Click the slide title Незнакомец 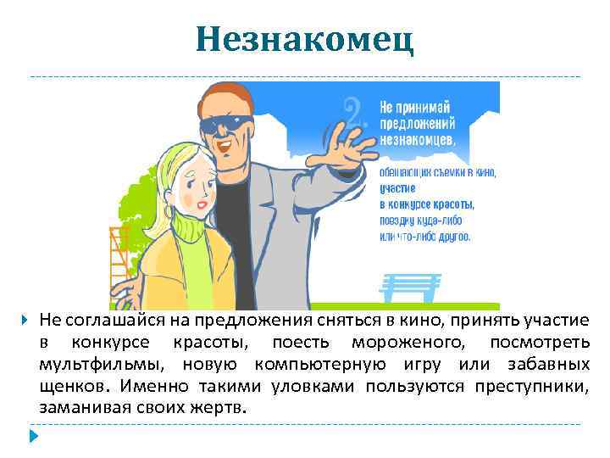[x=304, y=39]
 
